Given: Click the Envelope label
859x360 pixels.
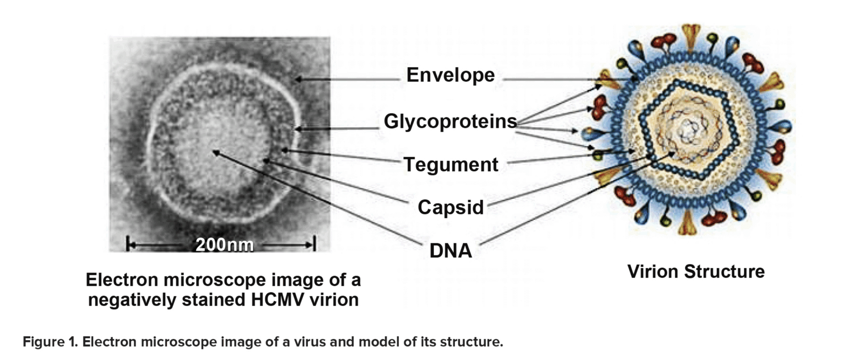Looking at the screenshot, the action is [x=450, y=76].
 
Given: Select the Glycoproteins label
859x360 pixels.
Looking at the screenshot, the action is [x=450, y=122].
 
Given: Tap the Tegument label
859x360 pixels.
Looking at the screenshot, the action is [x=451, y=165].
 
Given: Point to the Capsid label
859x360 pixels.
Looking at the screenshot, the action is [x=451, y=208].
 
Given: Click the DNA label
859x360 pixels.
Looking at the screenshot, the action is [x=451, y=251].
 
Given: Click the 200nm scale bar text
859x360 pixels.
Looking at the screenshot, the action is [x=224, y=245].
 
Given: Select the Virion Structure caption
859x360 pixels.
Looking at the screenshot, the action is [x=696, y=271].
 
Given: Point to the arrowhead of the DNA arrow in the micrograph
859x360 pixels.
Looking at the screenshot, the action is [x=215, y=152].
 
